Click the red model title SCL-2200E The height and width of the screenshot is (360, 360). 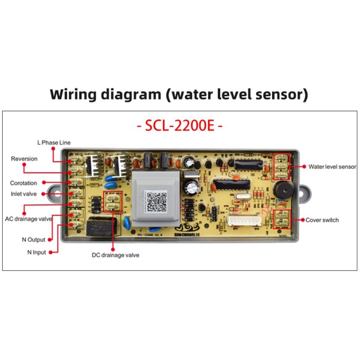(179, 127)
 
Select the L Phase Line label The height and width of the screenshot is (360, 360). (53, 143)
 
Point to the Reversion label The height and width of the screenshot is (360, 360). (24, 159)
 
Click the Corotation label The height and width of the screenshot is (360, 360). (24, 183)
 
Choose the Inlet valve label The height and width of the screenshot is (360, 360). (24, 194)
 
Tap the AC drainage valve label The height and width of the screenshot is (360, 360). (28, 219)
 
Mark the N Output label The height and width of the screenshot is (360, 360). (34, 240)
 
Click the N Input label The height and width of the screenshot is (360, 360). (34, 253)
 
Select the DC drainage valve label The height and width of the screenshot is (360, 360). (116, 255)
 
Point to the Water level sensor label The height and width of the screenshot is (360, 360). (332, 166)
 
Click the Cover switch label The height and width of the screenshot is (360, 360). (322, 220)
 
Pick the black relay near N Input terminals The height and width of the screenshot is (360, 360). (98, 226)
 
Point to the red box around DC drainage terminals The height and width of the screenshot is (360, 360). (113, 202)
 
